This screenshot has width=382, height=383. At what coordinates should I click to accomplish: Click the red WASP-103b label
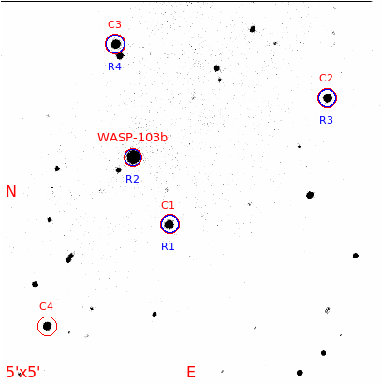[x=132, y=138]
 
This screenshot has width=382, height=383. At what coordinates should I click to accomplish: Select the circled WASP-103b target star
[x=133, y=157]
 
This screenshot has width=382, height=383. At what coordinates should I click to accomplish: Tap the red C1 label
[x=168, y=205]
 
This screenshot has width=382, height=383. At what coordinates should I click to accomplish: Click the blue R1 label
[x=168, y=246]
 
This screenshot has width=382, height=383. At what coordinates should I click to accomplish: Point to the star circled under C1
[x=169, y=224]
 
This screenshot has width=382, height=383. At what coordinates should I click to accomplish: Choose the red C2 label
[x=326, y=78]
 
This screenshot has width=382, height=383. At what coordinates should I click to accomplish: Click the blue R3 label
[x=326, y=120]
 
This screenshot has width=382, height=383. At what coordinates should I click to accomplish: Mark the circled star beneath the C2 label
[x=327, y=97]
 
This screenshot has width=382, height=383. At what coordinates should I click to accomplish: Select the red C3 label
[x=114, y=24]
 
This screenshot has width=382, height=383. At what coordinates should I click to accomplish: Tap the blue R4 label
[x=114, y=66]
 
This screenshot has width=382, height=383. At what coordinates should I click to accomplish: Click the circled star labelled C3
[x=116, y=44]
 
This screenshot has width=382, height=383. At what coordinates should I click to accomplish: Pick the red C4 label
[x=46, y=306]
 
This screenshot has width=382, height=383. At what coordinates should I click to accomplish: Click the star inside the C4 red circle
[x=47, y=326]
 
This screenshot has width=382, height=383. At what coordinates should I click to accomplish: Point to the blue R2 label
[x=132, y=179]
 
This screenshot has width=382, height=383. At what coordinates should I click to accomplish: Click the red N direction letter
[x=11, y=191]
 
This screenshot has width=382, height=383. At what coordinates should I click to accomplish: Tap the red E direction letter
[x=191, y=372]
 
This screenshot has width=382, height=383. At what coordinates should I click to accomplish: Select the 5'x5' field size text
[x=23, y=372]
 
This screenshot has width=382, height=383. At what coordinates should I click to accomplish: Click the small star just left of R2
[x=118, y=170]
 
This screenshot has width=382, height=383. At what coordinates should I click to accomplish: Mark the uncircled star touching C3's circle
[x=120, y=56]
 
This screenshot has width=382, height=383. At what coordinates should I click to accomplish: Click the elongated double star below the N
[x=69, y=258]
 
